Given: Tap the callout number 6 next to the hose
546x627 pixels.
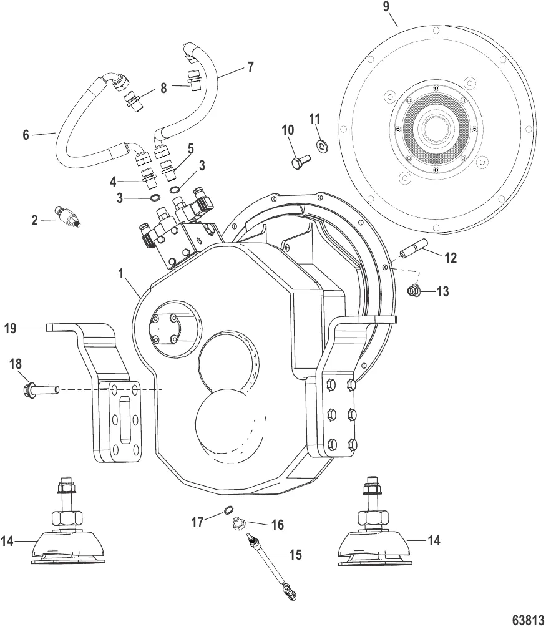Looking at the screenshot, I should (x=26, y=135).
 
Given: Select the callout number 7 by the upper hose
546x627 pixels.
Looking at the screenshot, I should (x=250, y=67).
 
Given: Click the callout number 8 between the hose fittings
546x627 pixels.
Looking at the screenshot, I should (x=163, y=88).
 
